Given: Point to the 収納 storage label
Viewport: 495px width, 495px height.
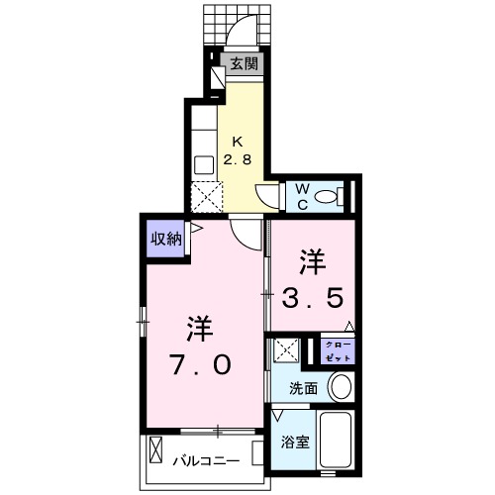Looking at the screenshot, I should [x=166, y=238].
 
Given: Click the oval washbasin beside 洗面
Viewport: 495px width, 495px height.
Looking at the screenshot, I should [x=341, y=387].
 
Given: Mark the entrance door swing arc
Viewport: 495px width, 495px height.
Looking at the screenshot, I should [x=239, y=35].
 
